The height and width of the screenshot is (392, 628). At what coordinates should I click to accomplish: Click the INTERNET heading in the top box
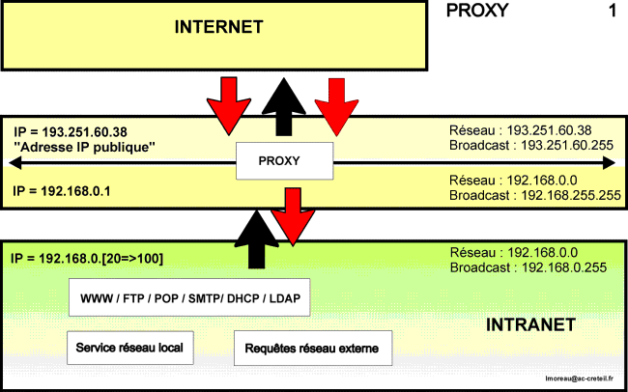tap(218, 27)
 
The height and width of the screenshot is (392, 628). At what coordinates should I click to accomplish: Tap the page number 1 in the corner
tap(613, 12)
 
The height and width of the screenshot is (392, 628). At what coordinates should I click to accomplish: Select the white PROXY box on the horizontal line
tap(284, 161)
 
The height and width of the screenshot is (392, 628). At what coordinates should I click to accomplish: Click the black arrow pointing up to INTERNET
tap(283, 106)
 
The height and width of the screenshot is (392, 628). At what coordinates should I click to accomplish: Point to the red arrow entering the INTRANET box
tap(293, 216)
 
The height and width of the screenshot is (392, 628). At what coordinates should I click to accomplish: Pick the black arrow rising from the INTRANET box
tap(256, 239)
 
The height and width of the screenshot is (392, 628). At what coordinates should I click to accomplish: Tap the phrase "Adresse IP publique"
tap(84, 148)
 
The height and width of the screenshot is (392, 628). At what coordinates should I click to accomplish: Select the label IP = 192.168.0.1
tap(62, 191)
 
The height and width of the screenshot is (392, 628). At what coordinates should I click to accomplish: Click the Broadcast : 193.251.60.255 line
tap(531, 145)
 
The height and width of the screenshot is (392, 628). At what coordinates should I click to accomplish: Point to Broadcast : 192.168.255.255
tap(534, 195)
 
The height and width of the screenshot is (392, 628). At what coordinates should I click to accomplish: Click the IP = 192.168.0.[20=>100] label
tap(87, 259)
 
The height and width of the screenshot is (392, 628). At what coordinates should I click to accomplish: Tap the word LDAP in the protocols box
tap(285, 298)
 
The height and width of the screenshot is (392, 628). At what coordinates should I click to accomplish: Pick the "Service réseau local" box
tap(130, 348)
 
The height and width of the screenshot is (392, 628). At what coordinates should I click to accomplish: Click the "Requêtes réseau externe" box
tap(313, 349)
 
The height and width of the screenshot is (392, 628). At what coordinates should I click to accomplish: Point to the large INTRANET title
tap(530, 324)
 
